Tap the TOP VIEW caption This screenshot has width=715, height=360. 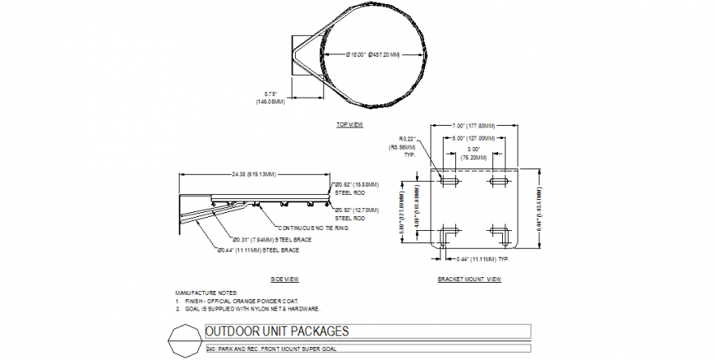coord(349,125)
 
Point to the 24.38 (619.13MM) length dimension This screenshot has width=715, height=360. coord(254,173)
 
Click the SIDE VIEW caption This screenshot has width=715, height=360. coord(284,279)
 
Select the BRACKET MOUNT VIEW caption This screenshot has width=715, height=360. coord(469,279)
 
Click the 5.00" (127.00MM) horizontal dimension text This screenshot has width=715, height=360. coord(473,138)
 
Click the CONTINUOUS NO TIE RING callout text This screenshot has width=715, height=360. coord(313,228)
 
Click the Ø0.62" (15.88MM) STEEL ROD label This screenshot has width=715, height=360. coord(355,187)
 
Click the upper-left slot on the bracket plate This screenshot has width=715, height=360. coord(449,179)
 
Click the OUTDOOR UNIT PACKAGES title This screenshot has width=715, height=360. coord(276,332)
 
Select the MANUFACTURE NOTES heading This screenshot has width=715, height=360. coord(206,293)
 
